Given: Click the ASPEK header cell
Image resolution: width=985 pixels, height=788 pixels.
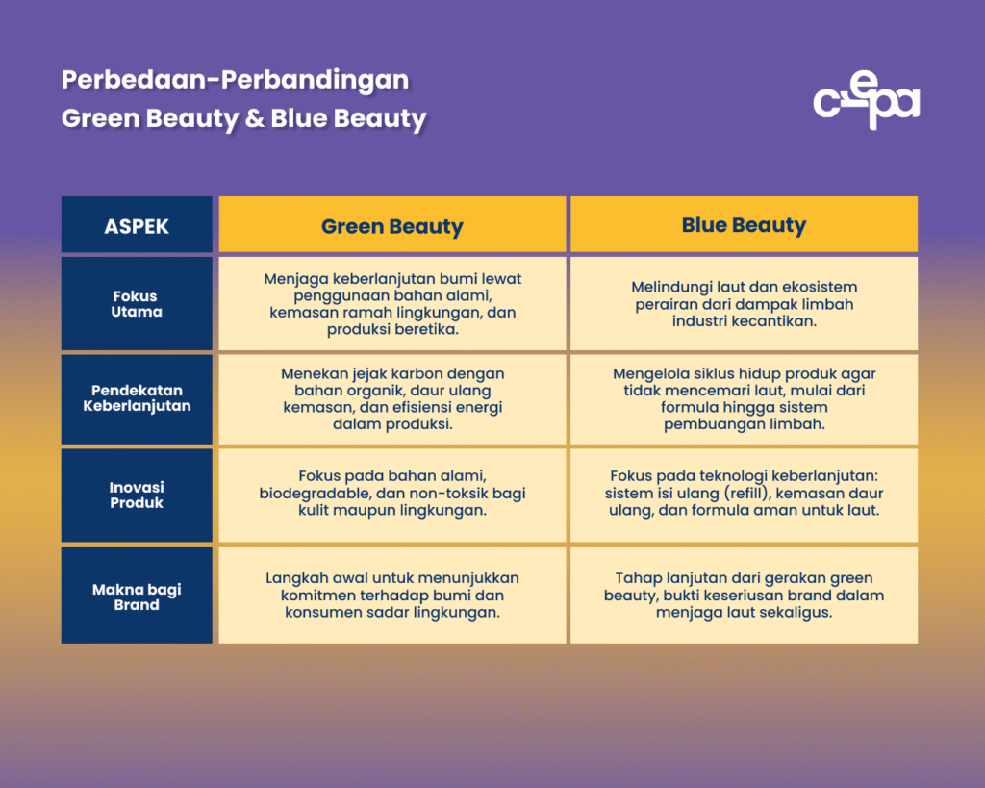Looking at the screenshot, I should [x=137, y=226].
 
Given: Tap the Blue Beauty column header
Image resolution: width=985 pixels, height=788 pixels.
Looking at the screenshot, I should [x=744, y=225].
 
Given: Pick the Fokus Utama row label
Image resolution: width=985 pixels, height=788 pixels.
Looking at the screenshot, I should [x=137, y=304].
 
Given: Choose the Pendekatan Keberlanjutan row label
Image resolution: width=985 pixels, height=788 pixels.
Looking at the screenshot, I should [x=137, y=398].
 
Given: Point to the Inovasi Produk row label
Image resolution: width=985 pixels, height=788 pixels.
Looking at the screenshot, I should [x=137, y=495].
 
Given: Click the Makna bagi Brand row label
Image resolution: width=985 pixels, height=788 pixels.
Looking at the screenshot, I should [x=137, y=597].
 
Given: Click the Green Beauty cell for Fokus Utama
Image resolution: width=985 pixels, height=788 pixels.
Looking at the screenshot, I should [x=392, y=303].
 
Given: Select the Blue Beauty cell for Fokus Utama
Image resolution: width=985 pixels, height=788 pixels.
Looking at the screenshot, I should [x=744, y=304].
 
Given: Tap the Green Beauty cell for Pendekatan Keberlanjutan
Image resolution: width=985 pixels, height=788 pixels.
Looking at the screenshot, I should [x=392, y=398].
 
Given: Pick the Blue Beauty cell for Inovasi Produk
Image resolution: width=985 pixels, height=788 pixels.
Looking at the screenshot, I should [x=744, y=494].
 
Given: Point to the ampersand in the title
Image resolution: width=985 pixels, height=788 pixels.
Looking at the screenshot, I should [x=255, y=119].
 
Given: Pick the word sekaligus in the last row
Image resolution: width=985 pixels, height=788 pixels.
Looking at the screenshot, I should [x=793, y=612].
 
